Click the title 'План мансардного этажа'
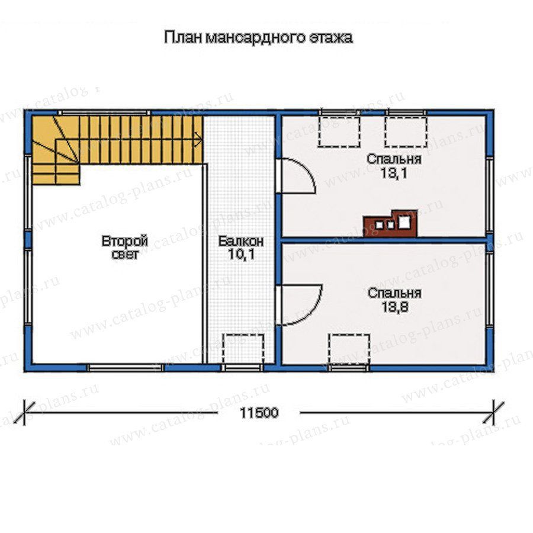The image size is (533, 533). coord(258,37)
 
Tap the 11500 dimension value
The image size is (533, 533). coord(259,413)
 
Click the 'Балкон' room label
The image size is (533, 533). coord(240,242)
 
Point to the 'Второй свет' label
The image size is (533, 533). coord(125,247)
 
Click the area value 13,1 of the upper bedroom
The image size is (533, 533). coord(394,173)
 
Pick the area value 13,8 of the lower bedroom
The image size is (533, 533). coord(394,307)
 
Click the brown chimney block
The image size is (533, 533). coord(390,224)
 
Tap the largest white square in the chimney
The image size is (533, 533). coord(404,222)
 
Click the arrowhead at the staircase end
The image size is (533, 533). coord(199,139)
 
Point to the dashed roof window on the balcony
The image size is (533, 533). coord(243,349)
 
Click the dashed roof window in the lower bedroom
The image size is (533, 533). coord(349,349)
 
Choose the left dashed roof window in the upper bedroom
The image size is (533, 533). coord(339,132)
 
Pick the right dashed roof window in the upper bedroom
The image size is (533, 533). coord(406,132)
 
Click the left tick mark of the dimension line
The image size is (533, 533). coord(24,413)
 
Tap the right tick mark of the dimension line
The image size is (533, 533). coord(494,413)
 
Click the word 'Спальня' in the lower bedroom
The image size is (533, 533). coord(394,293)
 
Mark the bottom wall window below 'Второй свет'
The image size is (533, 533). coord(126,367)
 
